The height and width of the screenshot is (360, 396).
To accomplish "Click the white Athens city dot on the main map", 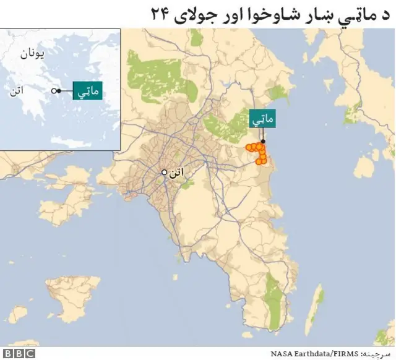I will (x=164, y=173).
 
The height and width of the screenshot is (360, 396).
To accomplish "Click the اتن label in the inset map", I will (x=17, y=92).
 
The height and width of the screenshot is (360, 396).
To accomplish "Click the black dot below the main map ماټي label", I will (x=263, y=142).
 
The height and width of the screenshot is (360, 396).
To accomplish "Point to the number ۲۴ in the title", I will (x=160, y=14).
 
